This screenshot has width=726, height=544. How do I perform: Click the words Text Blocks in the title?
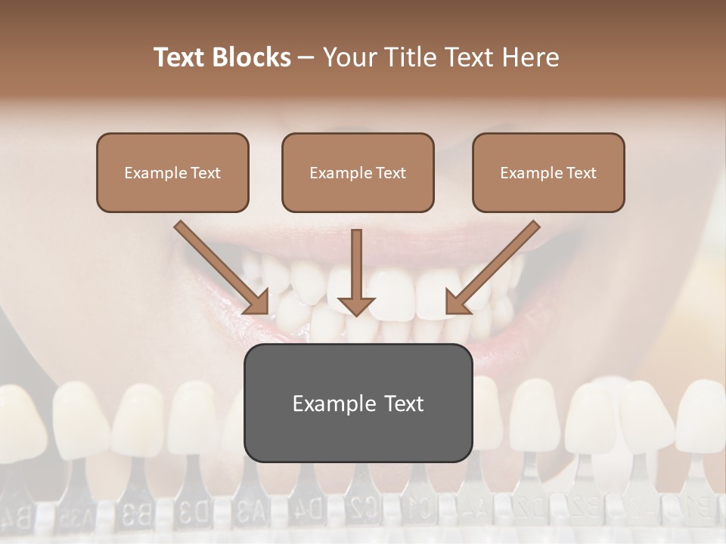(222, 57)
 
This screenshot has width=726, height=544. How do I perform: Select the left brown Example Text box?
(172, 172)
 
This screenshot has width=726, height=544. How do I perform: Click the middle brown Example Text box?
(358, 172)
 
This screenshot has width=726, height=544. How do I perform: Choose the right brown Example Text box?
(548, 172)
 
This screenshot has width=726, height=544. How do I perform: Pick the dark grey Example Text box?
(358, 403)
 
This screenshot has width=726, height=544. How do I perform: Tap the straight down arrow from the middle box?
(356, 272)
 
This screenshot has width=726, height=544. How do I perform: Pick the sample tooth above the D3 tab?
(194, 419)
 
